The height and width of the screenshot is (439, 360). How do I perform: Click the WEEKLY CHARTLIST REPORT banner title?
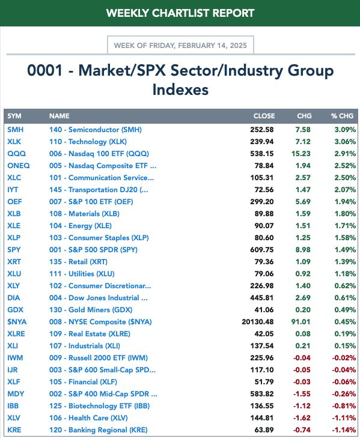(180, 13)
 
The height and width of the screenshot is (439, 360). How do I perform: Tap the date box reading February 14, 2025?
(180, 46)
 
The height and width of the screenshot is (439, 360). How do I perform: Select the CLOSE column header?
(264, 116)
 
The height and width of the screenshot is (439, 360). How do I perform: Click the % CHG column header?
(342, 116)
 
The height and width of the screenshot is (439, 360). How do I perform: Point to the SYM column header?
(14, 116)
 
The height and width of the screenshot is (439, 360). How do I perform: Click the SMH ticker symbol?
(16, 130)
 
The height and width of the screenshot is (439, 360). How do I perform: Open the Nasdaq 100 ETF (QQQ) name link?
(99, 154)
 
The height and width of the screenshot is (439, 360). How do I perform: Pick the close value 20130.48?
(258, 322)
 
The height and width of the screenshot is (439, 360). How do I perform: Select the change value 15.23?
(301, 154)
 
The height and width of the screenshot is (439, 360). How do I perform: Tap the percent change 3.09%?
(345, 130)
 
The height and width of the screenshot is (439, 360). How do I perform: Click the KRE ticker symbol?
(14, 430)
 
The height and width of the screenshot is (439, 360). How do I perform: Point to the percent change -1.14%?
(344, 430)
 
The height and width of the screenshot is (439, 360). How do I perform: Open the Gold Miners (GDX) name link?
(91, 310)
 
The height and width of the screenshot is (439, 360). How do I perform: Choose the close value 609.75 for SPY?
(262, 250)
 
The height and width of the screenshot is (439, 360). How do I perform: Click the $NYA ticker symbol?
(17, 322)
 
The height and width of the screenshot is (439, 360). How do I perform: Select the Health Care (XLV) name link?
(88, 418)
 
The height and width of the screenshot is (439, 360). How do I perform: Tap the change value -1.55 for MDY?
(302, 393)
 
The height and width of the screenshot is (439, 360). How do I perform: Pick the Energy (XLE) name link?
(81, 226)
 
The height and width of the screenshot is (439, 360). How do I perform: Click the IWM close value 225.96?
(262, 358)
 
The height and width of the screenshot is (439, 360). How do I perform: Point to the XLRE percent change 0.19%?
(345, 334)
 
